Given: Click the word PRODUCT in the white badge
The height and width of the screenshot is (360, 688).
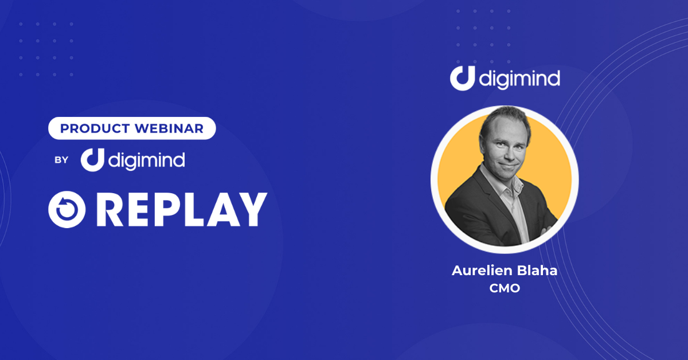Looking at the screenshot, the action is pyautogui.click(x=95, y=128).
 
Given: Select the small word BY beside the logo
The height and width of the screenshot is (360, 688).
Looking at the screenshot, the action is pyautogui.click(x=61, y=160).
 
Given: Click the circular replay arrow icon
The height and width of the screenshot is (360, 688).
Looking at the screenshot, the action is pyautogui.click(x=67, y=209).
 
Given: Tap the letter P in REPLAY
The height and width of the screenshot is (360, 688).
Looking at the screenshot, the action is pyautogui.click(x=166, y=210).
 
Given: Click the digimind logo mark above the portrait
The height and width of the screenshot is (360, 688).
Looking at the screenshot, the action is pyautogui.click(x=463, y=79).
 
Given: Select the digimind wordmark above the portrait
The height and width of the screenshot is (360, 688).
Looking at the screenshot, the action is pyautogui.click(x=519, y=80).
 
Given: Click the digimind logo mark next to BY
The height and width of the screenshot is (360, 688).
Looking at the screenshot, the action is pyautogui.click(x=92, y=160).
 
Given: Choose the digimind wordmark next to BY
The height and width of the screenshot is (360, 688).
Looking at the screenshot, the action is pyautogui.click(x=147, y=161).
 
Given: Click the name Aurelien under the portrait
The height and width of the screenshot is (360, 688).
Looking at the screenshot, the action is pyautogui.click(x=482, y=271).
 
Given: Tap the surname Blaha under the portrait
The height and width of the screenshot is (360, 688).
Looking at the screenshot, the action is pyautogui.click(x=537, y=271).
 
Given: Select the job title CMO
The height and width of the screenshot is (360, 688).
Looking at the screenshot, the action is pyautogui.click(x=505, y=288).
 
